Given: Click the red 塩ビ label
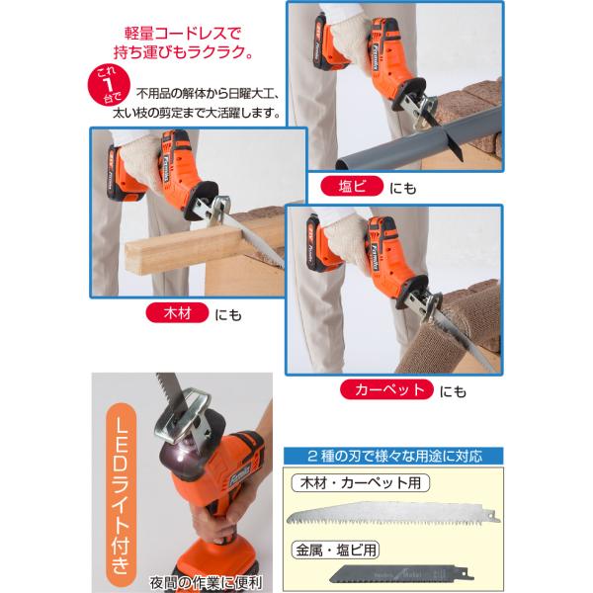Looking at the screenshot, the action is (x=352, y=186).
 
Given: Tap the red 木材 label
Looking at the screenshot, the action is (x=177, y=313).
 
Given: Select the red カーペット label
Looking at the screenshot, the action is (x=386, y=389).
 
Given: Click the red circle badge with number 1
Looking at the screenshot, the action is (x=109, y=85).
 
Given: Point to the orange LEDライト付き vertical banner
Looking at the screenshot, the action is (x=121, y=495).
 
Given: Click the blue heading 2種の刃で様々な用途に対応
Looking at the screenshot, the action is (x=393, y=456).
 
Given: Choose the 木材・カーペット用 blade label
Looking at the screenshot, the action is (x=361, y=483).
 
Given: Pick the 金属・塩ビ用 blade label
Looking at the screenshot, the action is (x=335, y=550).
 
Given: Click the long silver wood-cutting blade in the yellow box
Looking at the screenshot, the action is (x=393, y=514).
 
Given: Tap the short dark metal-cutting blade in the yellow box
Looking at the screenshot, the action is (x=401, y=573).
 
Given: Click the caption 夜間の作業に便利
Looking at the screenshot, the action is (x=206, y=582).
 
